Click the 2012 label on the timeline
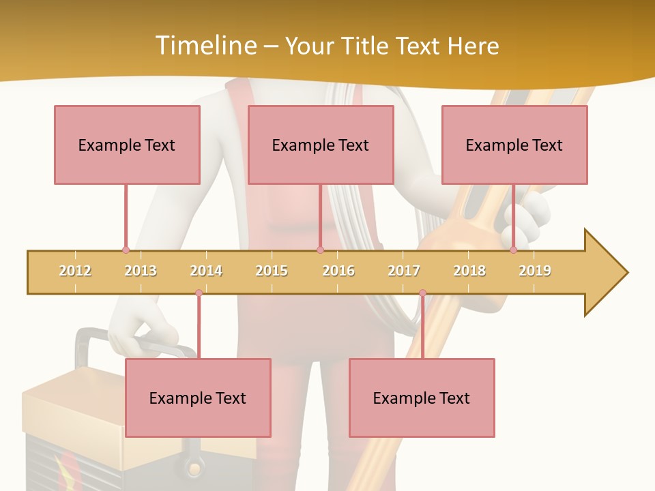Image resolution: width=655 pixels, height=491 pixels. point(75,271)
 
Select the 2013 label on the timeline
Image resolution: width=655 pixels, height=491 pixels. point(141,271)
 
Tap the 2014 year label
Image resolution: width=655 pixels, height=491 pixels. point(206,271)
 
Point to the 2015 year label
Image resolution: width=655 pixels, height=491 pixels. point(272,271)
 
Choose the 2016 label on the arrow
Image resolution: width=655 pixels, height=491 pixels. point(338,271)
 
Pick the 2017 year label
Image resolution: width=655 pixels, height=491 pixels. point(404,271)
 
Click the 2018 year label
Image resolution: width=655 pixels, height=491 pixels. point(469,271)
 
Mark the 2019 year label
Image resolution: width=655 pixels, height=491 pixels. point(535,271)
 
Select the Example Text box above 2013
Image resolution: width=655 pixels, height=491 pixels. point(127,145)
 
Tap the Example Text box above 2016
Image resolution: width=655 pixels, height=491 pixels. point(321,145)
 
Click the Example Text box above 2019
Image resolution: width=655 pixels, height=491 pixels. point(514,145)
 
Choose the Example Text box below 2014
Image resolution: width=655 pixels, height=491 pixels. point(198,398)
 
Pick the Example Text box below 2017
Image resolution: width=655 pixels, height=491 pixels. point(422,398)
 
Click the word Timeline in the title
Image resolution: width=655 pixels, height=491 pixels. point(204,46)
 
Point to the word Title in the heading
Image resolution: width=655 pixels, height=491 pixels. point(366,46)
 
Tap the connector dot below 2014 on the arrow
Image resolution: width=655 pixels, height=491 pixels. point(199,293)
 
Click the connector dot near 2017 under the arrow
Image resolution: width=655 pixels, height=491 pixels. point(422,293)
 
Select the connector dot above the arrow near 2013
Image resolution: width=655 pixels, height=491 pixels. point(126,250)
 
